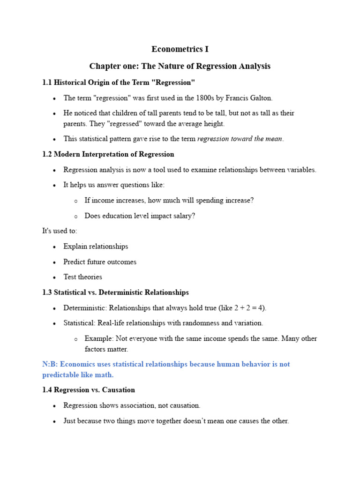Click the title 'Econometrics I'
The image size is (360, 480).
[180, 49]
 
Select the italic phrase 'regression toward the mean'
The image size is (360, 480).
[240, 139]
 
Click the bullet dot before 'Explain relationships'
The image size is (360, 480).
[55, 247]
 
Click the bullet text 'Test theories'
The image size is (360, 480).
[82, 277]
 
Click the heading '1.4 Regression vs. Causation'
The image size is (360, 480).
[89, 390]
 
